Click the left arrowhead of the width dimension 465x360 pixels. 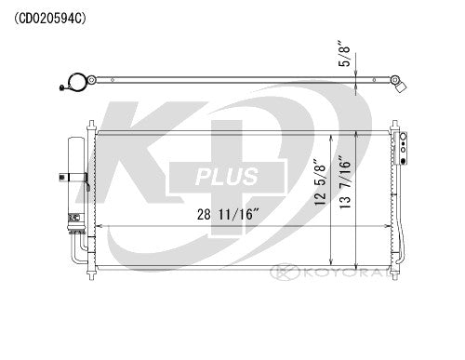[x=96, y=228]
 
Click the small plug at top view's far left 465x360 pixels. [x=60, y=90]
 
